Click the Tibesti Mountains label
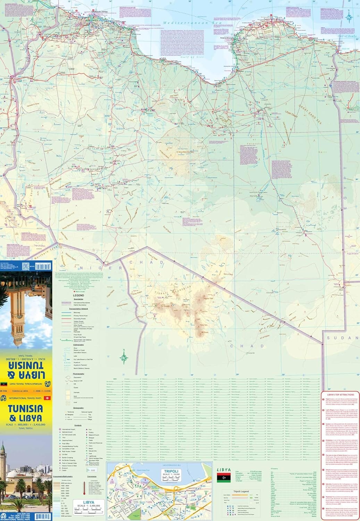coord(173,291)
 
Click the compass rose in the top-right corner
coord(350,15)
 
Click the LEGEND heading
coord(78,296)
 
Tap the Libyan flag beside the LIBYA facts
coord(223,478)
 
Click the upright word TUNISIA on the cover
coord(25,408)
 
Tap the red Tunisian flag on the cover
coord(47,398)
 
